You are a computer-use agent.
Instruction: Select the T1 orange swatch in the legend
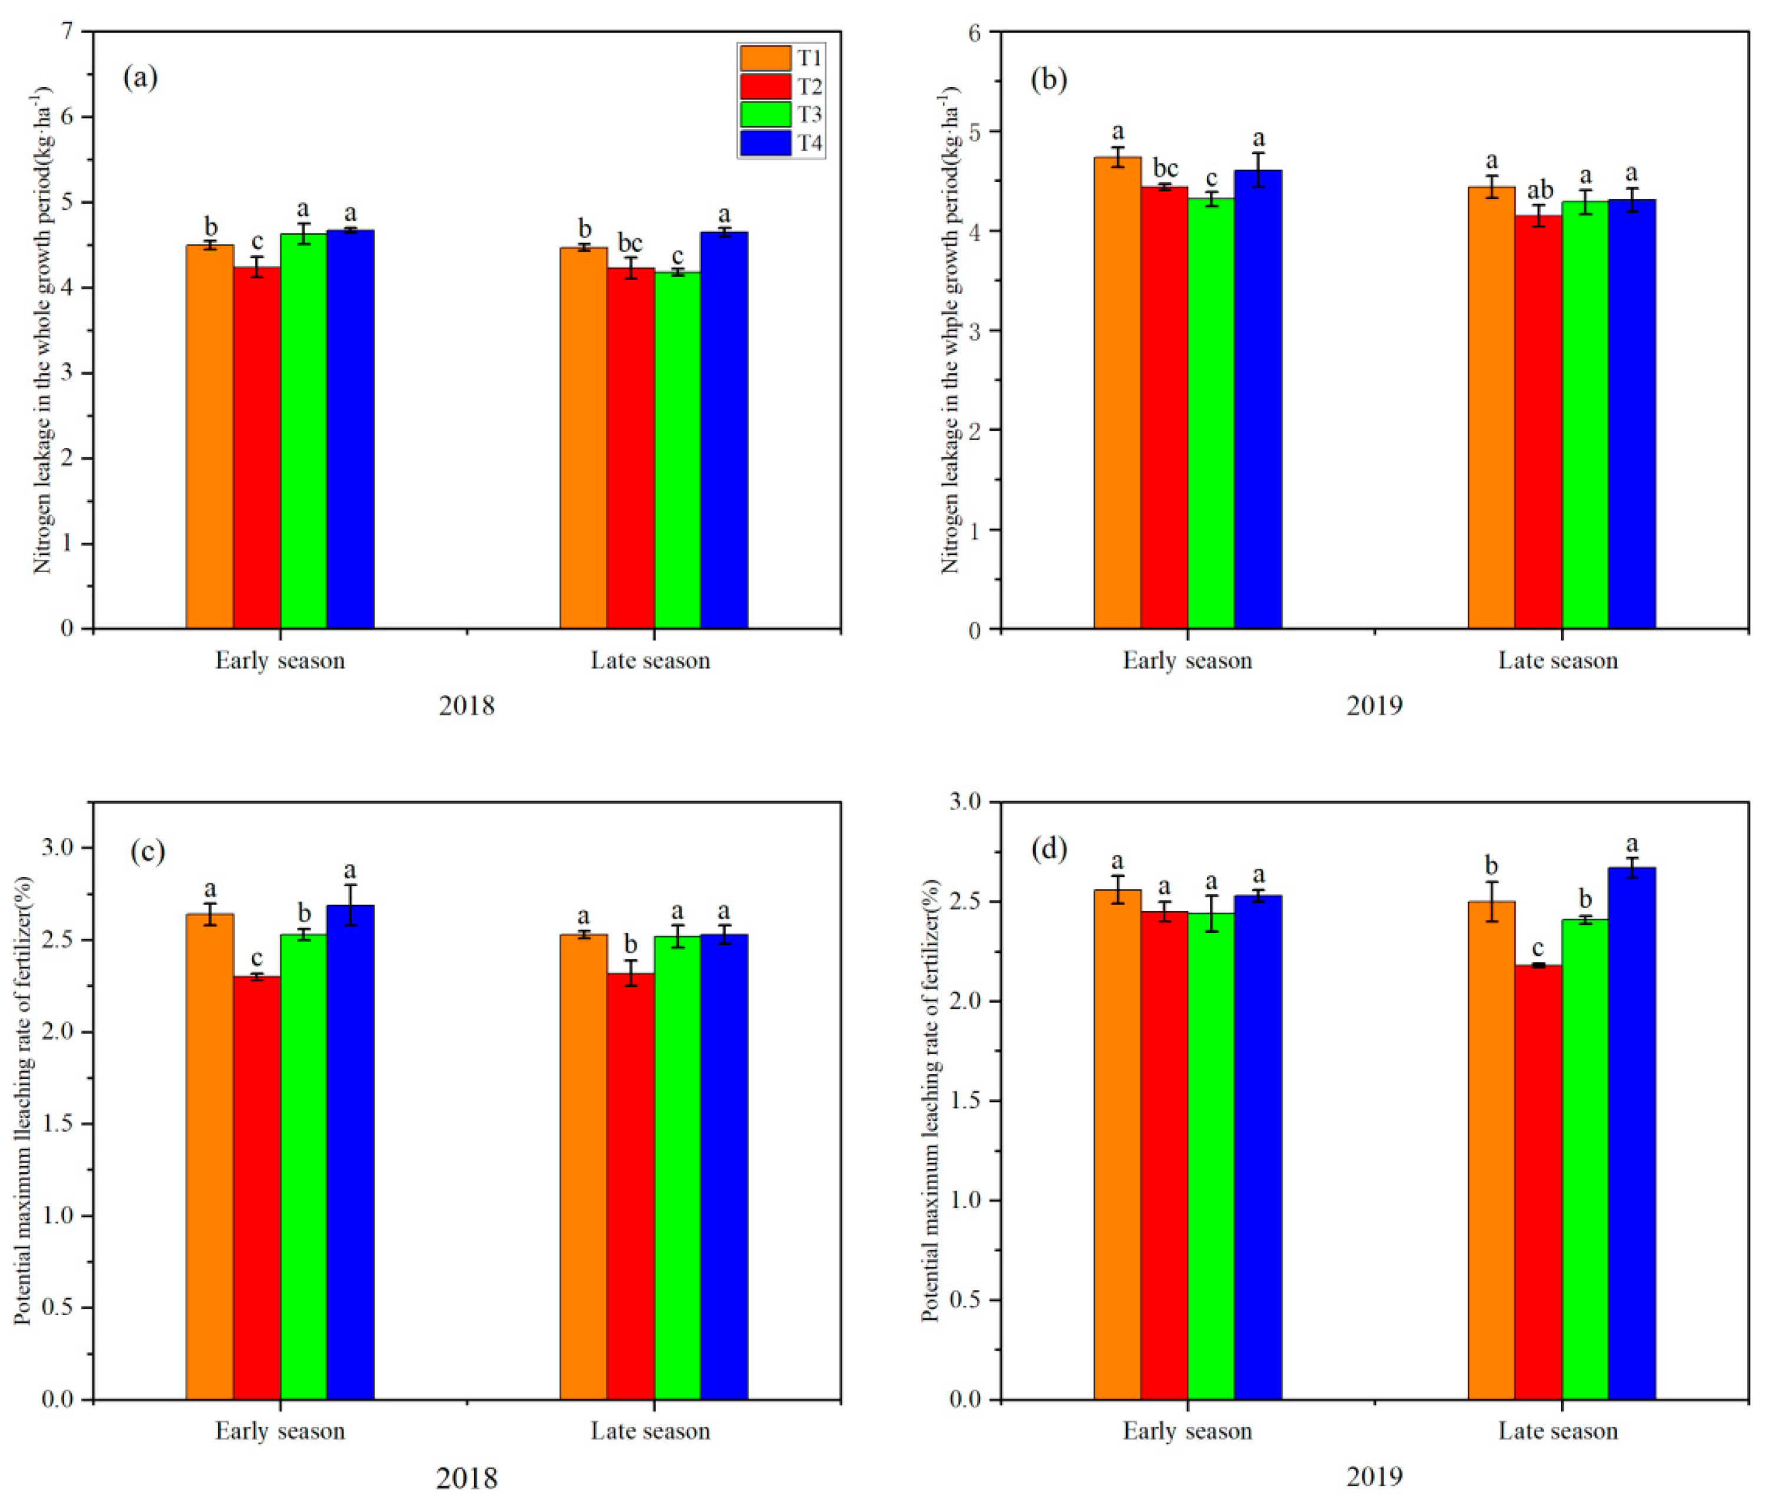click(x=765, y=58)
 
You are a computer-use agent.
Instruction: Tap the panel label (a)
click(x=141, y=78)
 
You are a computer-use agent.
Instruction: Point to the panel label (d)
click(x=1049, y=850)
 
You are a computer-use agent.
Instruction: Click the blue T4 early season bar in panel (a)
click(x=350, y=428)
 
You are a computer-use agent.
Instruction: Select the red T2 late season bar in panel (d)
click(x=1538, y=1183)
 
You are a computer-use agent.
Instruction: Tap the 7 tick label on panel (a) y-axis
click(x=66, y=32)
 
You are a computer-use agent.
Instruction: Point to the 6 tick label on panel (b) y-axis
click(x=974, y=32)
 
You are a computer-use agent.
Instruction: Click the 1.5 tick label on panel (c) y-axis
click(x=57, y=1124)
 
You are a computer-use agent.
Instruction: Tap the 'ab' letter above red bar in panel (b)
click(x=1539, y=190)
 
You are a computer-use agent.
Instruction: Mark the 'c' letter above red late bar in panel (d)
click(x=1538, y=949)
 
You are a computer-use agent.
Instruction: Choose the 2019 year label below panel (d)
click(x=1374, y=1477)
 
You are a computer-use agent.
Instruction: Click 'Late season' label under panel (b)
click(x=1558, y=661)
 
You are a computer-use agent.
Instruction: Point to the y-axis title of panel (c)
click(x=23, y=1101)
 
